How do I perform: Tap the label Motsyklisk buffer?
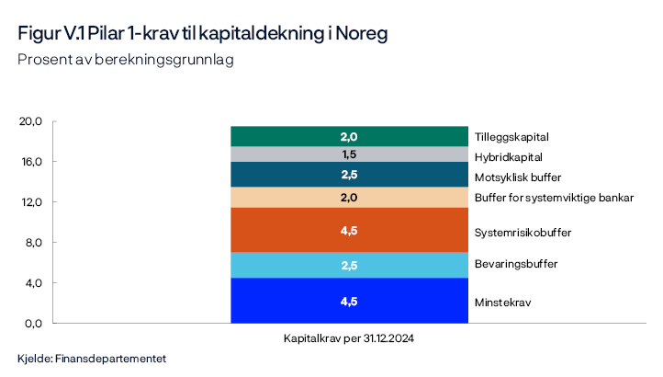[x=517, y=177]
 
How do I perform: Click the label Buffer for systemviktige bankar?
[x=554, y=198]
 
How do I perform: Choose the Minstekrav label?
[x=502, y=302]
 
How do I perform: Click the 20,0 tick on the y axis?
[x=32, y=121]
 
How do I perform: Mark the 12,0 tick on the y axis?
[x=32, y=202]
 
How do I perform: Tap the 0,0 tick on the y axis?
[x=34, y=324]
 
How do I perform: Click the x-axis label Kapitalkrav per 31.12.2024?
[x=349, y=338]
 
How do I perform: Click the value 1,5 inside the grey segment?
[x=349, y=154]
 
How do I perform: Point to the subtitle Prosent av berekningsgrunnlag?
[x=125, y=60]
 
